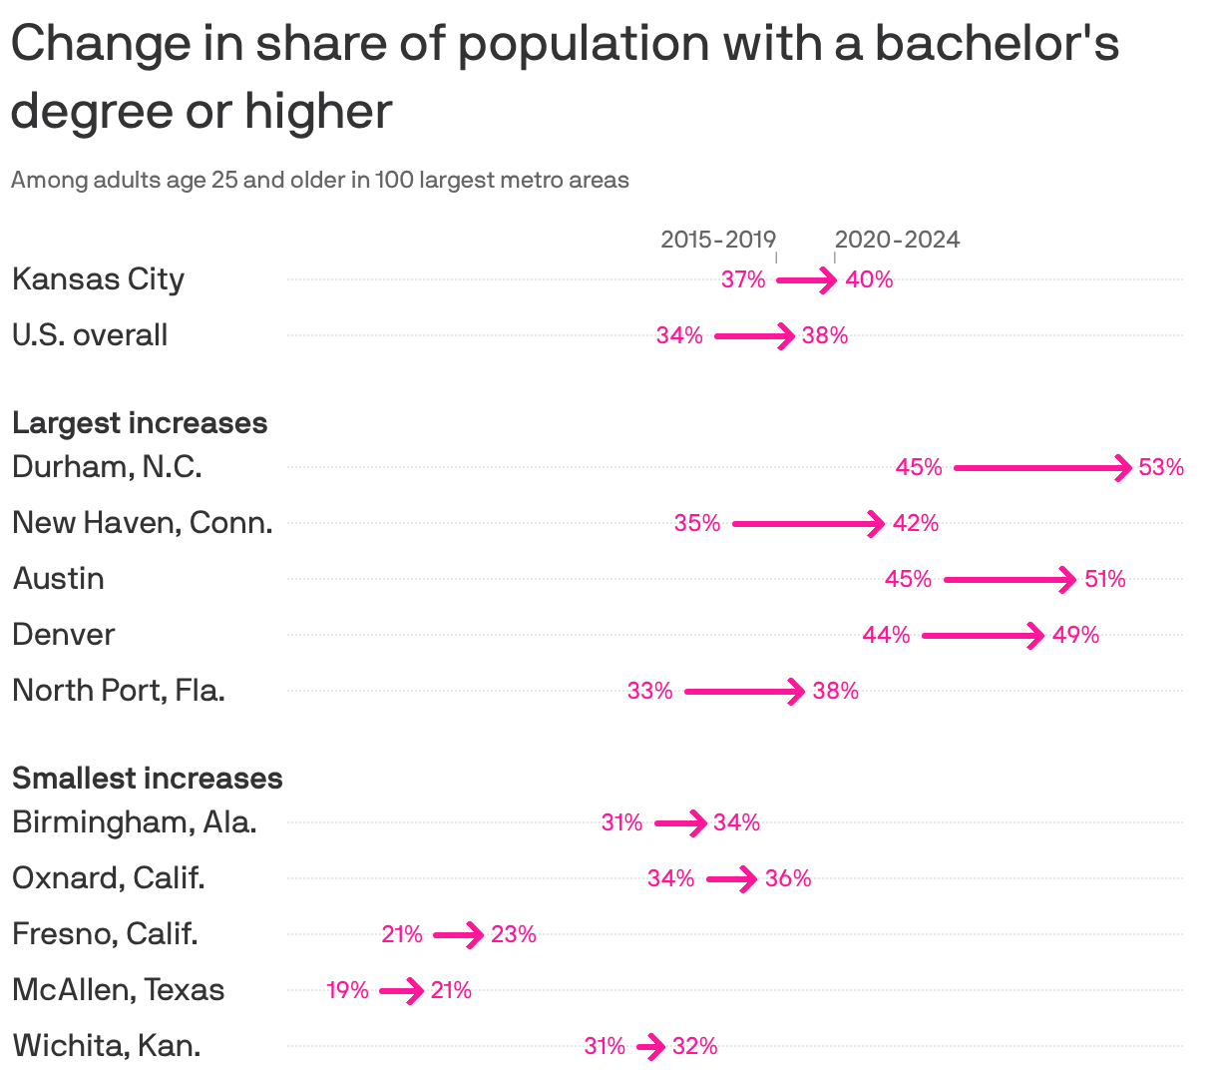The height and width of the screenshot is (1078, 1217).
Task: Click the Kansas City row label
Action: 98,279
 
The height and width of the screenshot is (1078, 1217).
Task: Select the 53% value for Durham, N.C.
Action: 1161,467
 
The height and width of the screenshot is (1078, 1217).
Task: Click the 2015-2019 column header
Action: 717,240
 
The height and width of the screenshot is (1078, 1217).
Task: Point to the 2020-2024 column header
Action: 897,240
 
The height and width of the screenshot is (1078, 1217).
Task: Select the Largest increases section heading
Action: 140,423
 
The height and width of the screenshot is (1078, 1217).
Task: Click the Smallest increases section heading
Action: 148,779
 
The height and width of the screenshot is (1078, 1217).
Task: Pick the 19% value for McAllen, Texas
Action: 347,990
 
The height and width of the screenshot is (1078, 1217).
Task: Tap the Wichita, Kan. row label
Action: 107,1046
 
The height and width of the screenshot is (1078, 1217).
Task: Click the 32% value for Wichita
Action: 694,1046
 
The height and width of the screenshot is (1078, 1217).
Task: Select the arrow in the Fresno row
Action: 458,935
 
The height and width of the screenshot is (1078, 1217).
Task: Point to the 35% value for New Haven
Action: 696,523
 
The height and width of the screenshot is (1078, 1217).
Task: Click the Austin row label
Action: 58,579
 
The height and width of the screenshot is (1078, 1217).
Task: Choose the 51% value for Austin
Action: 1104,579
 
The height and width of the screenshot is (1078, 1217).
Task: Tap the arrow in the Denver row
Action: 983,635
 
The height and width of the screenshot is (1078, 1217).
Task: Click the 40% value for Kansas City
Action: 869,279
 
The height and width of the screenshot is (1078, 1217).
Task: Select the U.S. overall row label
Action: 90,335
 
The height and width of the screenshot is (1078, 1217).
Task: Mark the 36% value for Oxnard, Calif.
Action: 788,878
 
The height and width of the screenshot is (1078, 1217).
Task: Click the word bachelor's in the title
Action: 997,44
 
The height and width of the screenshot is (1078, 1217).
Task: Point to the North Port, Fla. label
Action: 119,691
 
